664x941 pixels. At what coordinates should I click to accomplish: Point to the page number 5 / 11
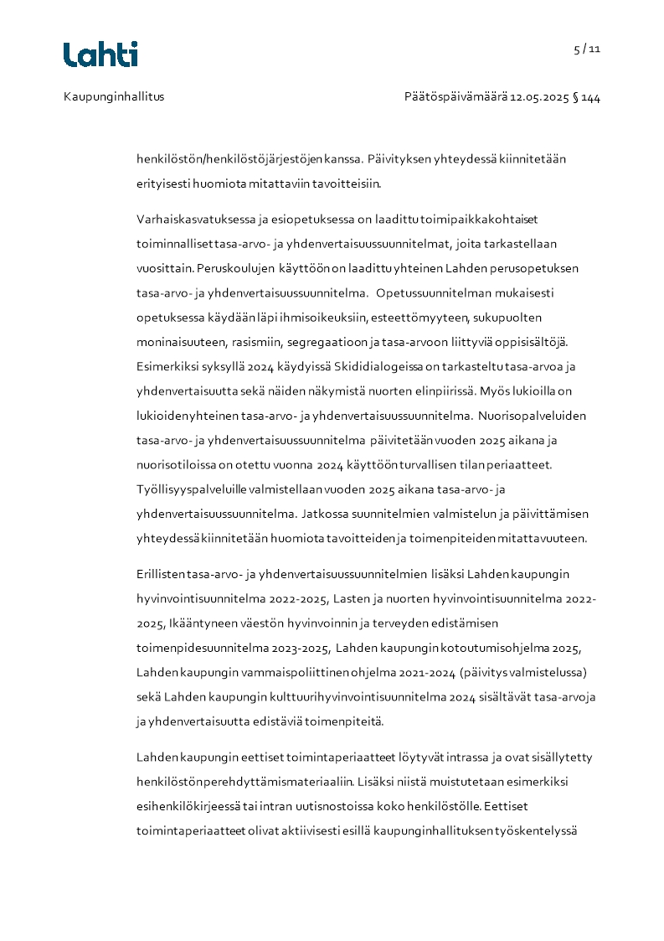[x=587, y=49]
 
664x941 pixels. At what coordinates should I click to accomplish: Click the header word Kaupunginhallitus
[x=114, y=96]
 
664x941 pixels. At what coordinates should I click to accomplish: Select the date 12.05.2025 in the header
[x=539, y=96]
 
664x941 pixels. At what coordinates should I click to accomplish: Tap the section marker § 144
[x=586, y=96]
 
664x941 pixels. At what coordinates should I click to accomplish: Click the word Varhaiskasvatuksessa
[x=192, y=220]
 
